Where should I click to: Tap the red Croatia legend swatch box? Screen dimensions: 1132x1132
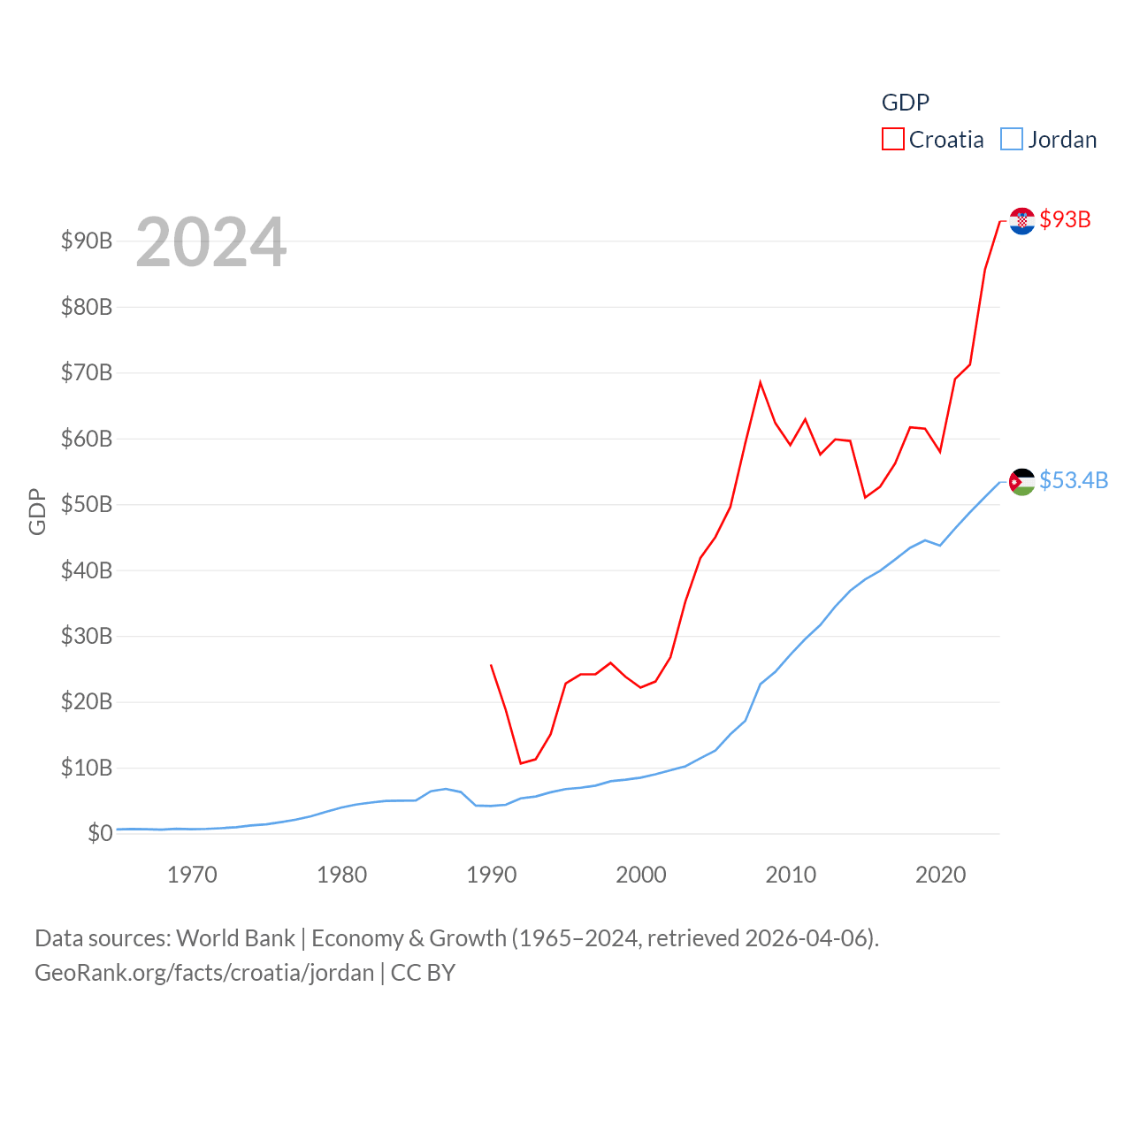[893, 140]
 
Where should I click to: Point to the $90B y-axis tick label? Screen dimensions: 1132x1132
[87, 241]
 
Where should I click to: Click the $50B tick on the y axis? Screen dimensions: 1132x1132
[87, 504]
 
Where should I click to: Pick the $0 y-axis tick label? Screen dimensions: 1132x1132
[100, 833]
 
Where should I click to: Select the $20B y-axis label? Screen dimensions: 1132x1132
[87, 701]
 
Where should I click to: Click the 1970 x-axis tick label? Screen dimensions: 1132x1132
[192, 875]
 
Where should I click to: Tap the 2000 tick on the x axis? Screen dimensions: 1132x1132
[641, 875]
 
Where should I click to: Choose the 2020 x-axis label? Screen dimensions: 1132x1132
[940, 875]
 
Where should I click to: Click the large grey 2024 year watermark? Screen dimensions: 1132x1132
[211, 241]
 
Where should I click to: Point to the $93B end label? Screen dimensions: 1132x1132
[1065, 219]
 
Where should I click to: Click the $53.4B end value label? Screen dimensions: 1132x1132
[1074, 480]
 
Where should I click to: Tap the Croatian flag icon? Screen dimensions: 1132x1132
[1022, 221]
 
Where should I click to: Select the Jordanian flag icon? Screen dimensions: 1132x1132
[1022, 482]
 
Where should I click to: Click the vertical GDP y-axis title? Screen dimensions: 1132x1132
[37, 511]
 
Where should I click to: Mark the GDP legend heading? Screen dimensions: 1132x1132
[906, 103]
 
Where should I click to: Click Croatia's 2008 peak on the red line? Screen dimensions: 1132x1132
[761, 382]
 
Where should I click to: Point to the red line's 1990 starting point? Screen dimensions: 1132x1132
[491, 665]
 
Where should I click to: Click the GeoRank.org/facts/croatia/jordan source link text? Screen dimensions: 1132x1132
[204, 973]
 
